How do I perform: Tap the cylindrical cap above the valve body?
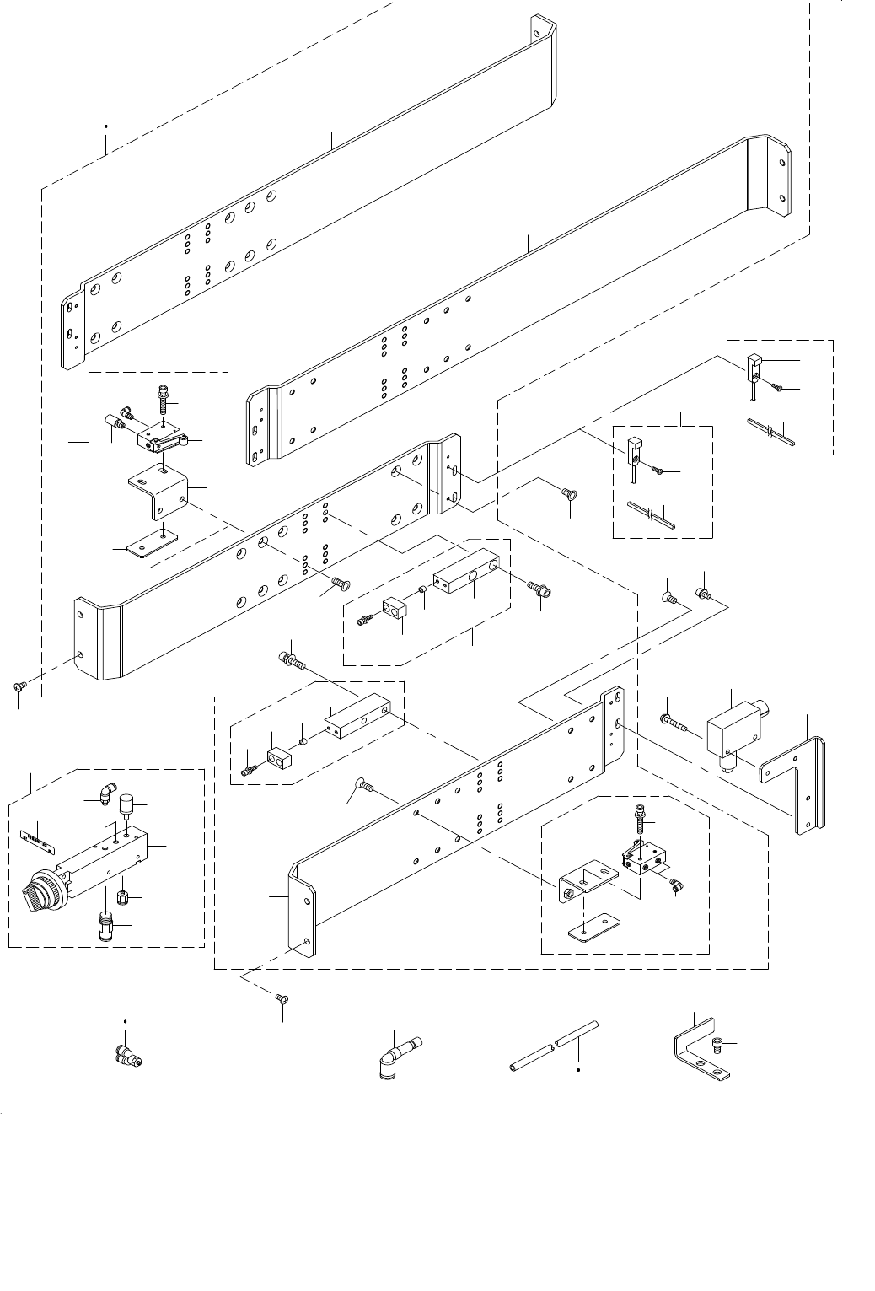pyautogui.click(x=127, y=802)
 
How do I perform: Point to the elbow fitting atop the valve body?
pyautogui.click(x=106, y=793)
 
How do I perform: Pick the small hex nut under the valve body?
pyautogui.click(x=123, y=893)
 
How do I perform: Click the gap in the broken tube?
pyautogui.click(x=553, y=1045)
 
